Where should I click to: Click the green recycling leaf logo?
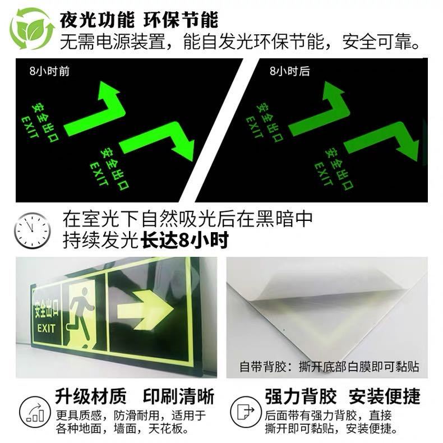click(x=31, y=28)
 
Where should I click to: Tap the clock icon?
click(x=32, y=230)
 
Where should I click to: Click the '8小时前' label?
click(x=49, y=71)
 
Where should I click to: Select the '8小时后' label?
click(x=289, y=71)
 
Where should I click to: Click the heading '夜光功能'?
click(x=97, y=20)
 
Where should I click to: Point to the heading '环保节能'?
click(x=181, y=20)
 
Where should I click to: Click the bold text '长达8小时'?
click(x=184, y=241)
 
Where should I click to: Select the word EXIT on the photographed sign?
click(x=46, y=329)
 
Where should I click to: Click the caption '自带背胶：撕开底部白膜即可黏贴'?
click(x=329, y=366)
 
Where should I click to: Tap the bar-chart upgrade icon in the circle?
click(x=35, y=412)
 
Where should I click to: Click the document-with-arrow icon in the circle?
click(x=246, y=412)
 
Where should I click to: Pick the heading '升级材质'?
click(x=91, y=396)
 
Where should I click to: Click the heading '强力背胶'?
click(x=301, y=396)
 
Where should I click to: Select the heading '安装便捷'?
click(x=385, y=396)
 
